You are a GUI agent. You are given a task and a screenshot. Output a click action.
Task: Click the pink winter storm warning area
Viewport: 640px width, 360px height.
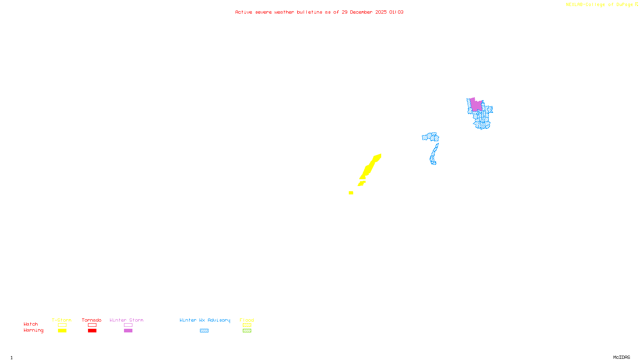[476, 105]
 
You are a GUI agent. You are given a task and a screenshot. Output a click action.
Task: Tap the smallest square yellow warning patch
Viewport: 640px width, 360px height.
[351, 193]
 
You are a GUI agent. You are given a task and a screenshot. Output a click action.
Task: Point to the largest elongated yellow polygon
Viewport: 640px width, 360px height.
[369, 167]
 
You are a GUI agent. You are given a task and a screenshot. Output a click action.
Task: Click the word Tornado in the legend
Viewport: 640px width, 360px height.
[92, 320]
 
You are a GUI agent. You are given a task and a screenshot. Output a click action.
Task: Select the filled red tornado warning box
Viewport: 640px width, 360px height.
[92, 331]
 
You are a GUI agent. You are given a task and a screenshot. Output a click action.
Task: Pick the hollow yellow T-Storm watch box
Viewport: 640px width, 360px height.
[62, 325]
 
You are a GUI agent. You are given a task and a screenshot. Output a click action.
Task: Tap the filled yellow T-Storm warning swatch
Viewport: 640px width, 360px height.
[62, 331]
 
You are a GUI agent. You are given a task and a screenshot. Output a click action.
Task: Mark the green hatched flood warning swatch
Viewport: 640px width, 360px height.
[247, 331]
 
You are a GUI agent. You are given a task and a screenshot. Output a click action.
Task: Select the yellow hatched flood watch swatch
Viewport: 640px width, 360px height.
[247, 325]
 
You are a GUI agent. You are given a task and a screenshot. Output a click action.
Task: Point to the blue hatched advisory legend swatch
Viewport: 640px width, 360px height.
[204, 331]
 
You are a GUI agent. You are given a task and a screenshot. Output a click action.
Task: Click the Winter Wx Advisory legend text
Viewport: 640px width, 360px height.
[205, 320]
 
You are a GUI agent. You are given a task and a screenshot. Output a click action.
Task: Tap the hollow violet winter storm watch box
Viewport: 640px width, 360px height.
[128, 325]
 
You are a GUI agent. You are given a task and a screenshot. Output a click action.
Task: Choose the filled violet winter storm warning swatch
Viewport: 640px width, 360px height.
[128, 331]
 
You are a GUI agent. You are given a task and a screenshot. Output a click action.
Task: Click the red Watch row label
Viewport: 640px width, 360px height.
[31, 324]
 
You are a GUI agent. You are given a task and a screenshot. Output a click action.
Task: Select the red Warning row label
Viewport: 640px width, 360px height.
[33, 330]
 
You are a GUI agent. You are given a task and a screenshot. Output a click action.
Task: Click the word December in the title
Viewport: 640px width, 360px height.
[361, 12]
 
